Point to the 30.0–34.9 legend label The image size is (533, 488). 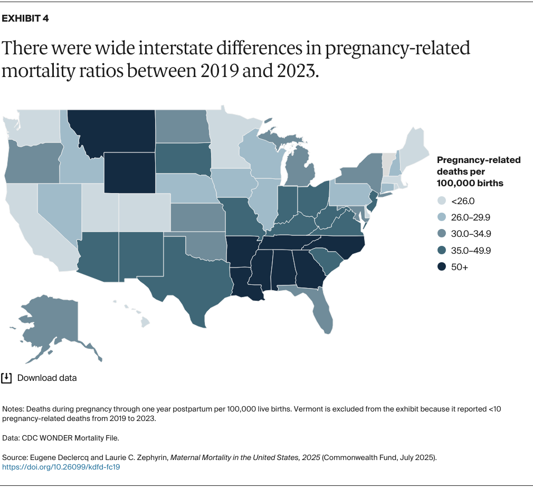click(471, 234)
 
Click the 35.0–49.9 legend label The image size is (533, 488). click(471, 251)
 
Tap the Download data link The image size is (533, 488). click(47, 378)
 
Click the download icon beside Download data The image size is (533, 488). click(6, 378)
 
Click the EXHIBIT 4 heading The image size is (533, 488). click(26, 18)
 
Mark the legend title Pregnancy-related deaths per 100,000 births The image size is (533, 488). click(478, 171)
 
